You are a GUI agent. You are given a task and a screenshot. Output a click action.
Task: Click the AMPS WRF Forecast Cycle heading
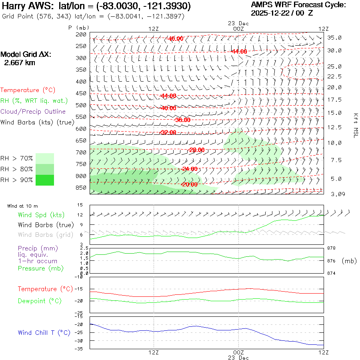(x=298, y=5)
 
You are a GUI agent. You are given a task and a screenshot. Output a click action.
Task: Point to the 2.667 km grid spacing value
(x=19, y=63)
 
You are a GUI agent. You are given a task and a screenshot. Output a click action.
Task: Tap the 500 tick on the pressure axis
(x=82, y=105)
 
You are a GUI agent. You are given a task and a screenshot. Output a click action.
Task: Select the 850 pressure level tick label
(x=82, y=188)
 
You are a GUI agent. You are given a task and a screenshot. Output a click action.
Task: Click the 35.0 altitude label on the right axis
(x=334, y=38)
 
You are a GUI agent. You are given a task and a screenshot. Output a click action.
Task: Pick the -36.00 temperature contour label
(x=182, y=120)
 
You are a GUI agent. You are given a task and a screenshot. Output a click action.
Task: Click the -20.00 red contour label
(x=189, y=184)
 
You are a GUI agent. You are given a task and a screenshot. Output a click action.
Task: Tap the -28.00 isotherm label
(x=197, y=150)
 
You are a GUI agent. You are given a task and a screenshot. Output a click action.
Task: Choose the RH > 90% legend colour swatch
(x=45, y=180)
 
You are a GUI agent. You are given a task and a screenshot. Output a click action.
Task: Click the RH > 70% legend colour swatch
(x=45, y=158)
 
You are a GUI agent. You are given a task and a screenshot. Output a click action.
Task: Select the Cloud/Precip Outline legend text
(x=33, y=112)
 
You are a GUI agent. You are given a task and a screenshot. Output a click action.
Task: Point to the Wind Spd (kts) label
(x=41, y=215)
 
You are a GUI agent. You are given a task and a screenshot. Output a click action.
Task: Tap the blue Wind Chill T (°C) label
(x=44, y=332)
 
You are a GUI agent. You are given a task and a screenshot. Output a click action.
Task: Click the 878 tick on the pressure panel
(x=332, y=248)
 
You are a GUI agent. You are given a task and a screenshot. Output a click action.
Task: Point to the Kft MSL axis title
(x=355, y=125)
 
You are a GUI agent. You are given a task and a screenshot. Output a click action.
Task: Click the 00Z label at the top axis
(x=238, y=29)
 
